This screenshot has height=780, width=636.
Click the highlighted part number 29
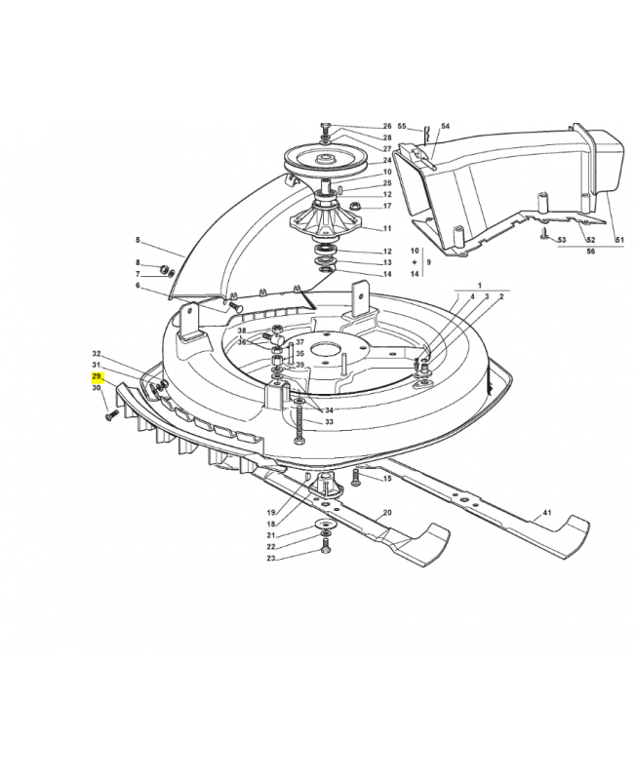97,375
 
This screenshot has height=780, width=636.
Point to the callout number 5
138,240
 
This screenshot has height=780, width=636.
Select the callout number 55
402,127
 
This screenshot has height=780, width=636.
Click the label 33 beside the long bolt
329,421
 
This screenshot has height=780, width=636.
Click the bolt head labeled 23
322,554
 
